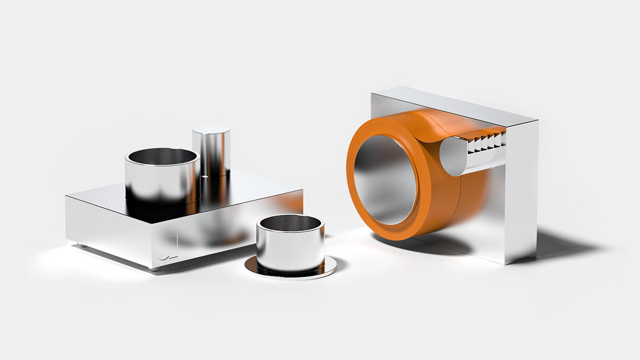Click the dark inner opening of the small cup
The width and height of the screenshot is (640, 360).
click(x=290, y=222)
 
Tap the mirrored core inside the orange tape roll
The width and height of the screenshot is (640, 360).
click(x=384, y=179)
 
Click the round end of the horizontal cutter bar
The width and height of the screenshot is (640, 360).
click(x=451, y=155)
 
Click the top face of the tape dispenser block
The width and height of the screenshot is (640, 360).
click(x=453, y=104)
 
